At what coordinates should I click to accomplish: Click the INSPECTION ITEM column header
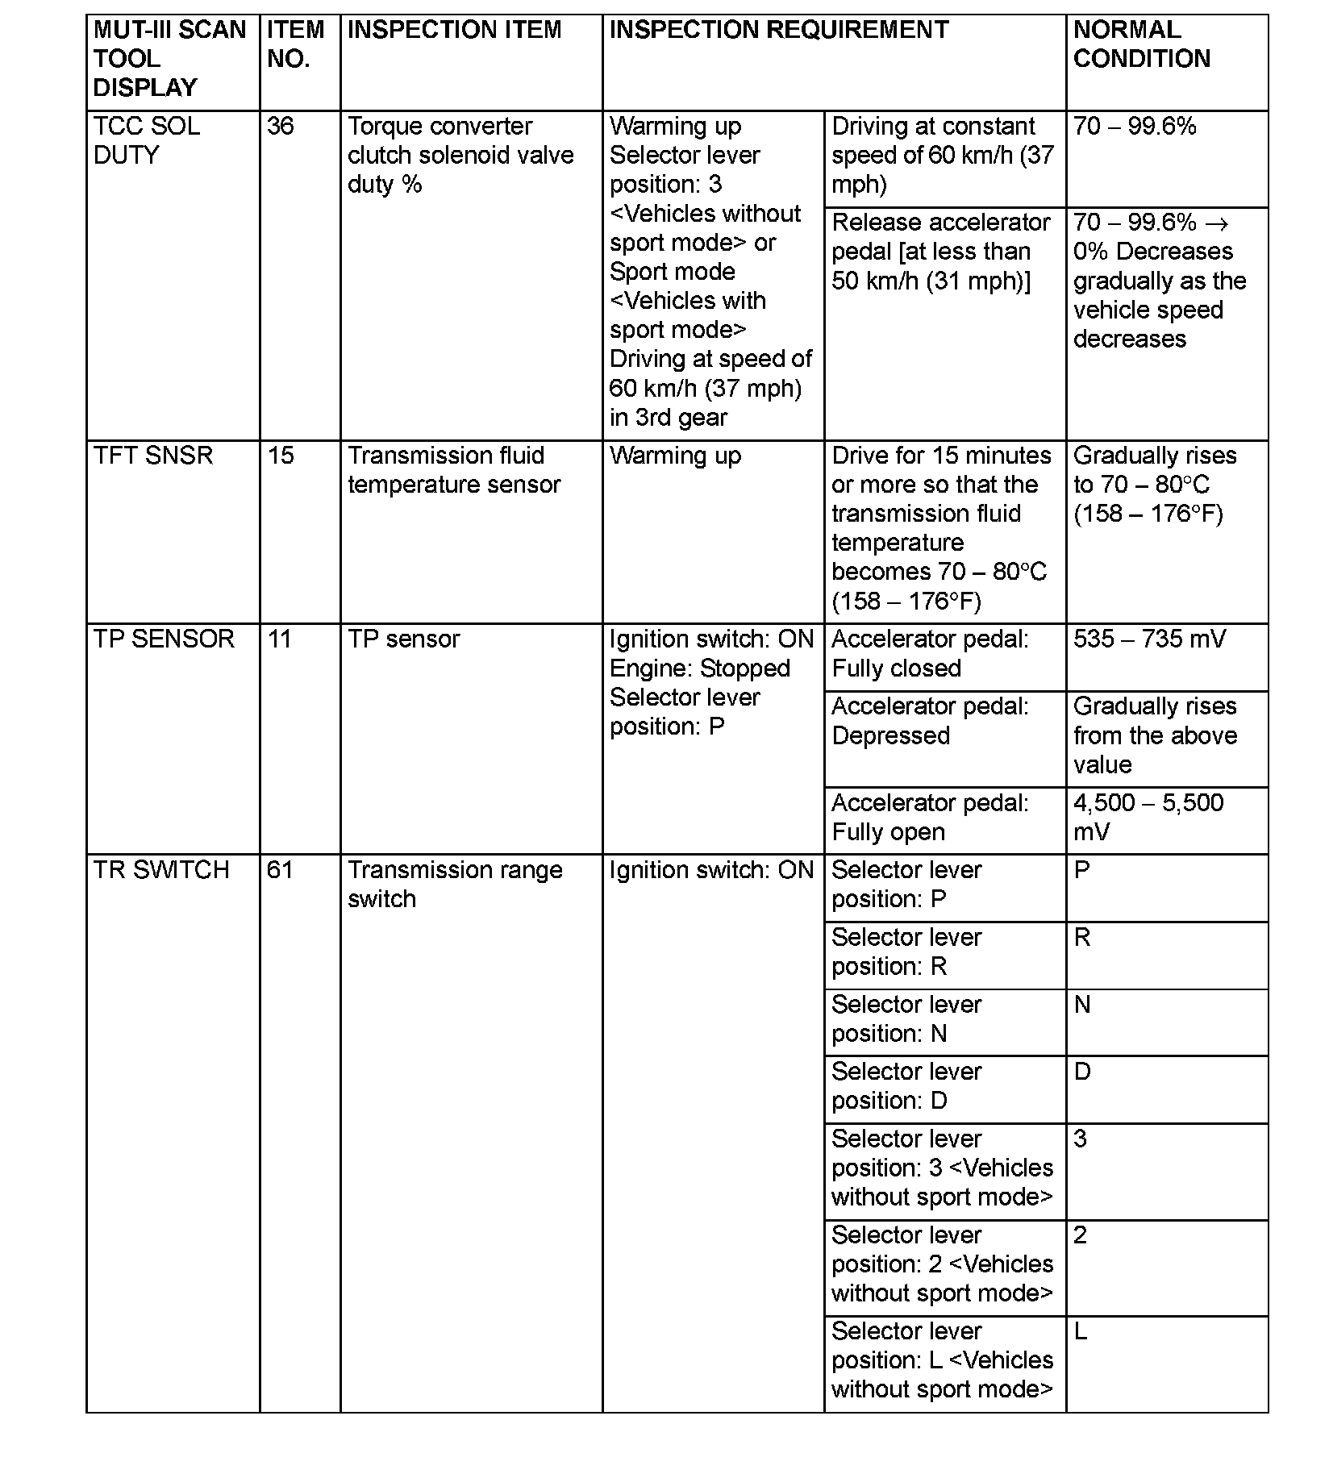coord(454,30)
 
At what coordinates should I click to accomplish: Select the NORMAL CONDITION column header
coord(1141,44)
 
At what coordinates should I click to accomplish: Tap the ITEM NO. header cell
coord(295,44)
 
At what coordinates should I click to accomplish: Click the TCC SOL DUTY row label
coord(147,140)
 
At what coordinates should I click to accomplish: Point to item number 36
coord(281,127)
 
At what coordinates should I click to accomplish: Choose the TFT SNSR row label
coord(153,456)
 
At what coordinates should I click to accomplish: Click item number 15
coord(281,456)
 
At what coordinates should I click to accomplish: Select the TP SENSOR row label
coord(164,639)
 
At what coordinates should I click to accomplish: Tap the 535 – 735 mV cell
coord(1149,639)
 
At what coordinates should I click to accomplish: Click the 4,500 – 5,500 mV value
coord(1148,817)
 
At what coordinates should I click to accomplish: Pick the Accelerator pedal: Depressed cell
coord(930,721)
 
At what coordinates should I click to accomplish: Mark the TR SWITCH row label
coord(161,870)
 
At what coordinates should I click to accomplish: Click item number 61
coord(280,870)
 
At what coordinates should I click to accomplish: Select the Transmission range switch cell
coord(455,885)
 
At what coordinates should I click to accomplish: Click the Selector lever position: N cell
coord(906,1019)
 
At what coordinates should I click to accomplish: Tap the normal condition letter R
coord(1082,937)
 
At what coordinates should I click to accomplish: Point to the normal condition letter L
coord(1081,1330)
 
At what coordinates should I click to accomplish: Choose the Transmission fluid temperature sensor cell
coord(453,470)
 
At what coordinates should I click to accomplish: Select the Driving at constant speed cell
coord(942,155)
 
